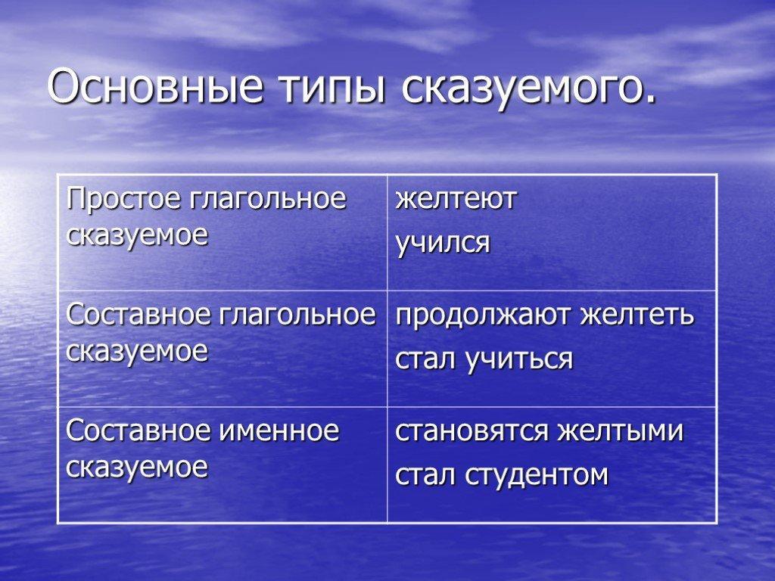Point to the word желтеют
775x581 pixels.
point(456,199)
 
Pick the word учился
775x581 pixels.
point(443,243)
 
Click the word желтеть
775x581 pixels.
point(637,315)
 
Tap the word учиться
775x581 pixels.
point(518,359)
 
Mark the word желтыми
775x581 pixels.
point(621,431)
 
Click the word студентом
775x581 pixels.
point(537,475)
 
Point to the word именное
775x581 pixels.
point(279,430)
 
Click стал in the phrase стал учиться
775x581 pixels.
point(425,360)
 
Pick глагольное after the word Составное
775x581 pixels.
point(297,315)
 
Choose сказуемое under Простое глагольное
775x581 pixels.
point(137,236)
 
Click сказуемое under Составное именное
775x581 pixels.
point(137,468)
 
